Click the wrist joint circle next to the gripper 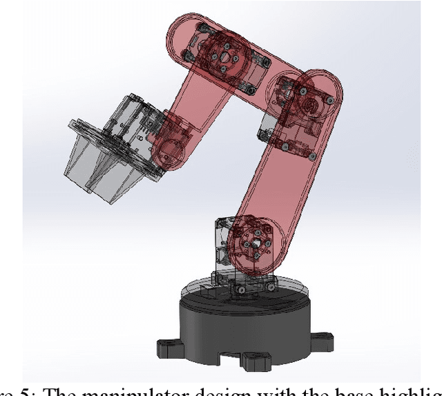click(x=171, y=142)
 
